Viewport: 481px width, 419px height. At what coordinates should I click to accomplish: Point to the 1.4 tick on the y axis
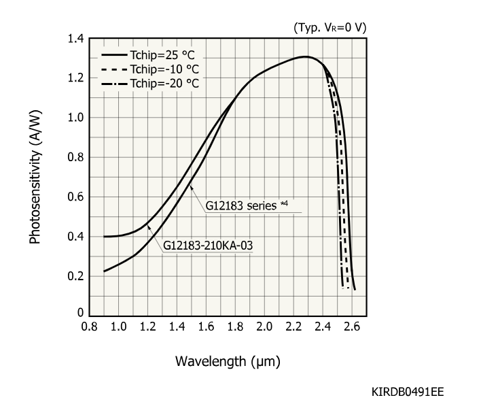pos(75,39)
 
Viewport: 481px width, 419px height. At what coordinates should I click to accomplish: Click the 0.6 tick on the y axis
pos(75,197)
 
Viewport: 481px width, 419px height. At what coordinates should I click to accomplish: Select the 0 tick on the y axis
pos(79,314)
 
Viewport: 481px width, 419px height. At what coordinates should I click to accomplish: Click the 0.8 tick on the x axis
pos(89,326)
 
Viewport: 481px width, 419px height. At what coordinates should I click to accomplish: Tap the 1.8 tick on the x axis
pos(236,326)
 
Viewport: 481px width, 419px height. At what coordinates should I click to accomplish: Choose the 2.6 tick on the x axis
pos(353,326)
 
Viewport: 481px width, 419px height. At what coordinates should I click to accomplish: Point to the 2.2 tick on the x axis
pos(294,326)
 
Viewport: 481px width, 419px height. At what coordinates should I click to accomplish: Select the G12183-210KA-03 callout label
pos(204,245)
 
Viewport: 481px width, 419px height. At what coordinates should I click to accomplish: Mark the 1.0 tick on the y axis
pos(75,118)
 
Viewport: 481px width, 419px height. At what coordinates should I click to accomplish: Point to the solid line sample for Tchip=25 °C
pos(115,54)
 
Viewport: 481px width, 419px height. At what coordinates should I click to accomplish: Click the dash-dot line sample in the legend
pos(115,83)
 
